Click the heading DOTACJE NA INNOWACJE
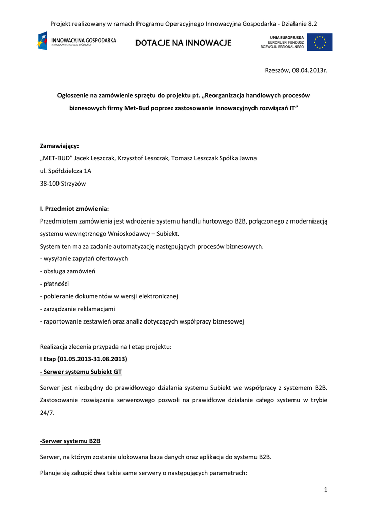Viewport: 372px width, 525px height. tap(183, 43)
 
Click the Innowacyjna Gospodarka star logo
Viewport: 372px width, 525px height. tap(43, 41)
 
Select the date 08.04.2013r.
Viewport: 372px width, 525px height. tap(309, 70)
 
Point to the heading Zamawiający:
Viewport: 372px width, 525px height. tap(60, 146)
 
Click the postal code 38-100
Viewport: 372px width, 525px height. tap(50, 184)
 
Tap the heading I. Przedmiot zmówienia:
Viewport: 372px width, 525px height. tap(74, 209)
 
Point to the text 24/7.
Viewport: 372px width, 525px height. tap(47, 413)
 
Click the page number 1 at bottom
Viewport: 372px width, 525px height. tap(325, 490)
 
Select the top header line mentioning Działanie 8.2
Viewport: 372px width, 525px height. tap(183, 24)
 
